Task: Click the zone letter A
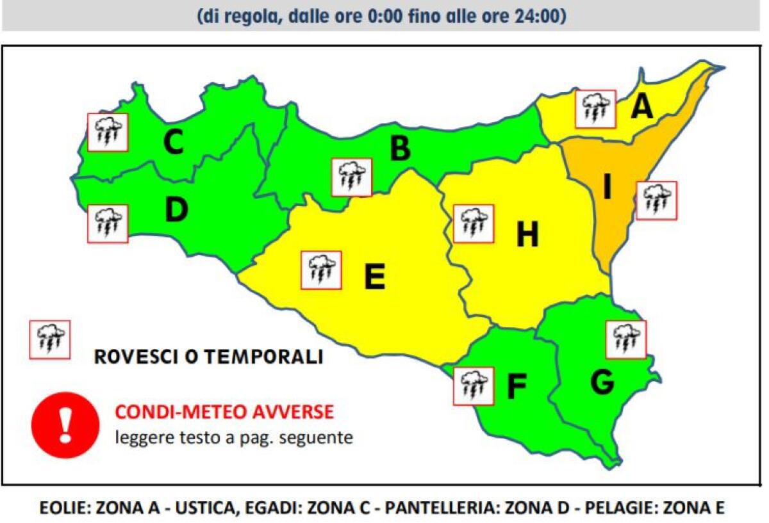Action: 641,107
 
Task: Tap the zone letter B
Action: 400,149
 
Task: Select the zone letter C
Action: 173,143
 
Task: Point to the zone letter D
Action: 176,211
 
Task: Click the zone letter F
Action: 517,387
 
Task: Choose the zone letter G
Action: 602,382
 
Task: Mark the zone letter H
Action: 527,236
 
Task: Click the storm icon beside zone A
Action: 595,109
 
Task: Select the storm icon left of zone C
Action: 108,133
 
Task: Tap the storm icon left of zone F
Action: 474,386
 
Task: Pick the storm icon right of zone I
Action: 656,200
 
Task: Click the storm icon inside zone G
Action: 625,340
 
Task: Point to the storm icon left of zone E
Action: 321,270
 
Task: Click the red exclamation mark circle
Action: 65,423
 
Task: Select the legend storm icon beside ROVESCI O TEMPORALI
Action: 50,339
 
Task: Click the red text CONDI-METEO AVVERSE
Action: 224,412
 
